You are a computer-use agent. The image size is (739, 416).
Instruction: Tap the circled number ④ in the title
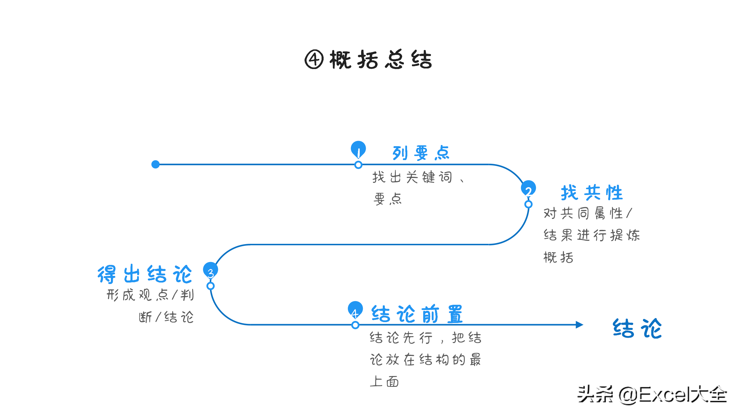pos(314,60)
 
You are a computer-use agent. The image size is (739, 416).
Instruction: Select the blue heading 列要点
pos(421,153)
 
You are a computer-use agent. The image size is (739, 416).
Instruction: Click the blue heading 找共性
pos(592,193)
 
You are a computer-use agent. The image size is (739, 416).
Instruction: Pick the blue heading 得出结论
pos(145,274)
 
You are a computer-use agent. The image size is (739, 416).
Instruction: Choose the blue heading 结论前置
pos(417,314)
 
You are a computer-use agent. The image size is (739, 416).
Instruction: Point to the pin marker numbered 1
pos(358,149)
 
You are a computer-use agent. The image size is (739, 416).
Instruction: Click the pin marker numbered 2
pos(528,188)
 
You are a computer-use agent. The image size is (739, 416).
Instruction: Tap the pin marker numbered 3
pos(210,270)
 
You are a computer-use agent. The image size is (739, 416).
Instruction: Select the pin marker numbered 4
pos(355,309)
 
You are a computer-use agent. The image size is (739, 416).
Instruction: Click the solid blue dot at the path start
pos(156,164)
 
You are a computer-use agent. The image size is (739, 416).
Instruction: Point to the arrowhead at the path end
pos(579,325)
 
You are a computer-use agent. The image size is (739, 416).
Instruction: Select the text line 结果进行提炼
pos(591,235)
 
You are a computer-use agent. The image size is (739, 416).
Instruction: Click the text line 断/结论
pos(166,317)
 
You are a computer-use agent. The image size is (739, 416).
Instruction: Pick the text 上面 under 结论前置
pos(384,382)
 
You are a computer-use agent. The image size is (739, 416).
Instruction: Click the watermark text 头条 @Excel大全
pos(652,395)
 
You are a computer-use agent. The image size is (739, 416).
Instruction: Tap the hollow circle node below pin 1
pos(358,165)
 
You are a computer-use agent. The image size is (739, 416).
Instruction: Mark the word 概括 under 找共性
pos(558,257)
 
